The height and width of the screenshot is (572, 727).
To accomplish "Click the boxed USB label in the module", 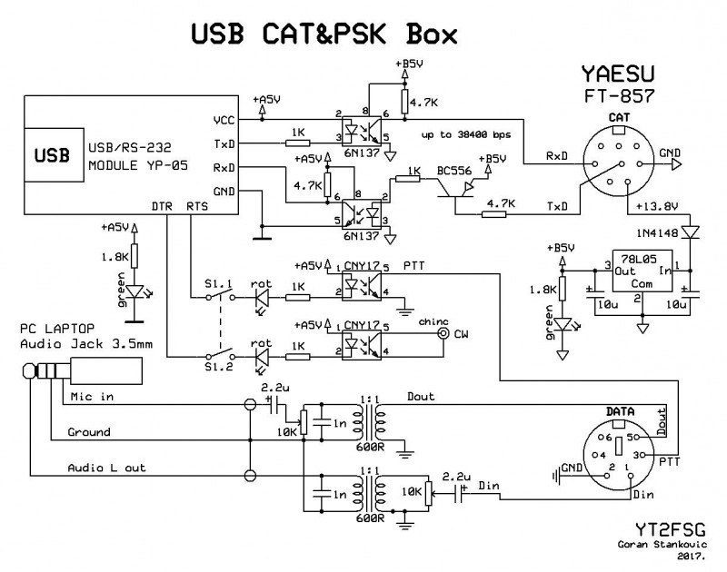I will coord(53,155).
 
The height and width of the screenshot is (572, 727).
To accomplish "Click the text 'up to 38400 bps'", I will coord(464,135).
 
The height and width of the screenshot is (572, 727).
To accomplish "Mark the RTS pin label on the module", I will coord(195,207).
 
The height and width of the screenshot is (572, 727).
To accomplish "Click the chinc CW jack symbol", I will coord(443,334).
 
